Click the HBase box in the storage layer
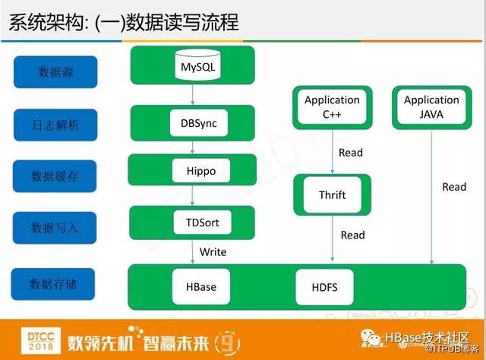[x=200, y=287]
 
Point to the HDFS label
[x=324, y=287]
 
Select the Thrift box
[x=332, y=195]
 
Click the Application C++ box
[x=332, y=107]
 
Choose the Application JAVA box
[x=431, y=107]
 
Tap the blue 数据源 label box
[x=55, y=71]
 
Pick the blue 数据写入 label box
[x=55, y=227]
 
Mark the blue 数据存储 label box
[x=55, y=284]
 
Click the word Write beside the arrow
[x=213, y=251]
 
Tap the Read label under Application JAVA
[x=454, y=187]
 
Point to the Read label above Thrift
[x=351, y=152]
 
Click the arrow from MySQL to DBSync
[x=194, y=93]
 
